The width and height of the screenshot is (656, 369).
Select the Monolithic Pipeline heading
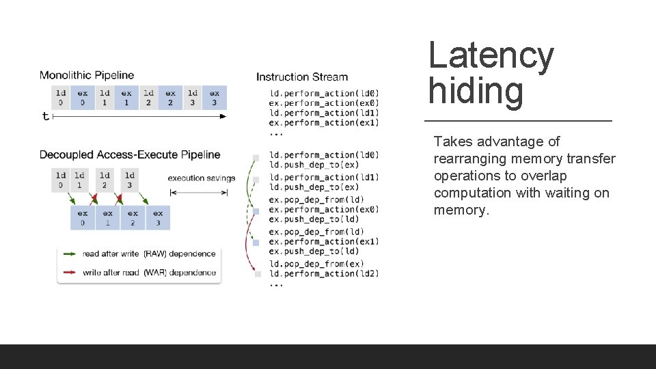click(87, 75)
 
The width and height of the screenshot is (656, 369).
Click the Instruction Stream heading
click(302, 77)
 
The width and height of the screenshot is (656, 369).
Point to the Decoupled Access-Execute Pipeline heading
click(130, 154)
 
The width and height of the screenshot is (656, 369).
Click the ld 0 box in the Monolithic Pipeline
click(61, 98)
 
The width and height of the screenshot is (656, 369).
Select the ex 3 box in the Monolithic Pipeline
click(215, 98)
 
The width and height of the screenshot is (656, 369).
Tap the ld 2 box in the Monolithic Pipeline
click(148, 98)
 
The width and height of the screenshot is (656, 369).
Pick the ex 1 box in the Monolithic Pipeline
click(126, 98)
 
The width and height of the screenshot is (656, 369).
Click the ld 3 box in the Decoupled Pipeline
click(130, 180)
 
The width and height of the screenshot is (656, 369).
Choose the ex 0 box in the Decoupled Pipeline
click(83, 217)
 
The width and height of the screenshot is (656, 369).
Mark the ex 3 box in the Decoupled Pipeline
click(158, 217)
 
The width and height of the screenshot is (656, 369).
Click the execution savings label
click(202, 178)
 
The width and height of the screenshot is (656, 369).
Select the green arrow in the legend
click(70, 254)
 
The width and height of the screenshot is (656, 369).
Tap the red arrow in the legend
click(70, 273)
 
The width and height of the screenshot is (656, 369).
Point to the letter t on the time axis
click(46, 116)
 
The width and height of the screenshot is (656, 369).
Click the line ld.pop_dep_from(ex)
click(316, 264)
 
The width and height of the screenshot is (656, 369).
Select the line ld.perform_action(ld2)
click(324, 273)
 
